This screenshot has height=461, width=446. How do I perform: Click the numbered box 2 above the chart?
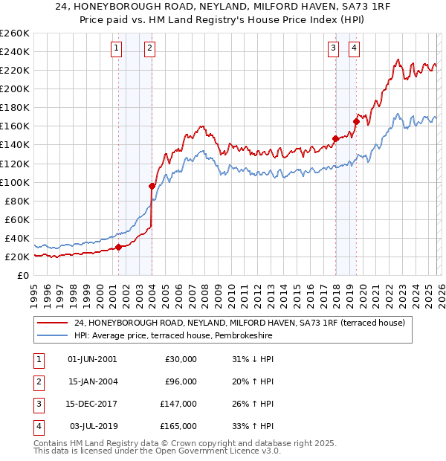(x=149, y=49)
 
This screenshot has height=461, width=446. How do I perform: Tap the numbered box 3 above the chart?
(x=334, y=49)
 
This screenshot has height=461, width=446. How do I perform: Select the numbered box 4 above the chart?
(x=354, y=49)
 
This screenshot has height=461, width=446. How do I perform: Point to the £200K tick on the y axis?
(x=15, y=88)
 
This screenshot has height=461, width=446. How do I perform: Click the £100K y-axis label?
(x=15, y=182)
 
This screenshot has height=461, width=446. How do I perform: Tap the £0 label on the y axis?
(x=23, y=275)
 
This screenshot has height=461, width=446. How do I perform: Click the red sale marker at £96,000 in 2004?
(x=152, y=186)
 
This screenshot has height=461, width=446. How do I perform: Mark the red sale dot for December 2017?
(x=335, y=138)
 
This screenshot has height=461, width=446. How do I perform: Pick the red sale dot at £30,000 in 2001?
(x=118, y=248)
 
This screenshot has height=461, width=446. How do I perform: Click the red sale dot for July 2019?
(x=356, y=121)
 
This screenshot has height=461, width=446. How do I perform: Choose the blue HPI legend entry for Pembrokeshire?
(x=173, y=336)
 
